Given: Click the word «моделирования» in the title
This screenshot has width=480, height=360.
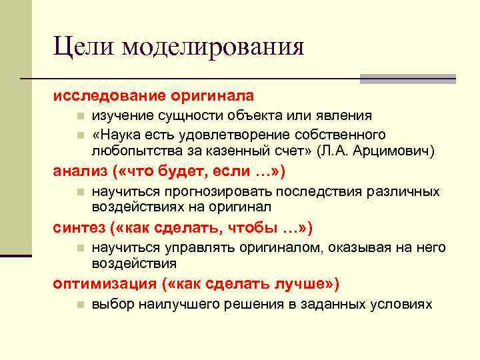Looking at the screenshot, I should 213,47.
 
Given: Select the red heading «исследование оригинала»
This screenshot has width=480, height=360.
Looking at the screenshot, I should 154,96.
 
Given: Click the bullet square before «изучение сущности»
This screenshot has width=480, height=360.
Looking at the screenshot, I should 79,117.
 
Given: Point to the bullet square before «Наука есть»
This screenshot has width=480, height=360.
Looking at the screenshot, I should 79,135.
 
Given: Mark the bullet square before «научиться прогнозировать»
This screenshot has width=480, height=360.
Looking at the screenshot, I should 79,192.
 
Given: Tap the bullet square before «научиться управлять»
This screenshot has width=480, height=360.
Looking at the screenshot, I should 79,248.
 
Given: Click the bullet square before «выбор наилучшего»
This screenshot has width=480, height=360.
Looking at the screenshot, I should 79,305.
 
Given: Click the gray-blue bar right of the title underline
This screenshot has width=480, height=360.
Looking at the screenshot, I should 407,78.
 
